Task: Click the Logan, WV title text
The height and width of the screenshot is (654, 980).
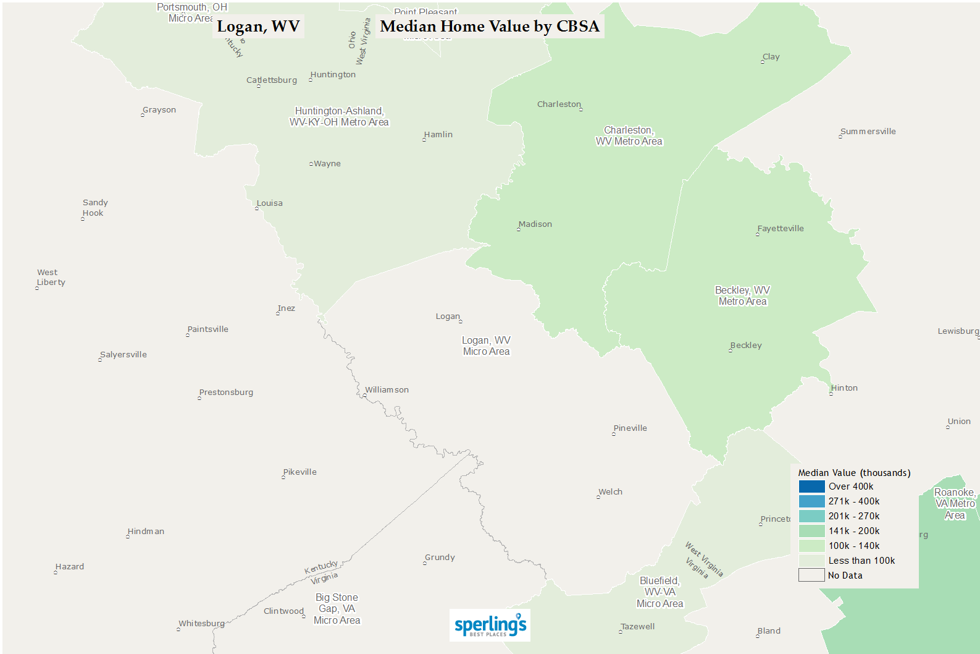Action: [258, 27]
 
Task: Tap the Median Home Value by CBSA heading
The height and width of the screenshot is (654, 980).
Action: [490, 27]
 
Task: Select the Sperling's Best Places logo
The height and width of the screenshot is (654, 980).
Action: [490, 625]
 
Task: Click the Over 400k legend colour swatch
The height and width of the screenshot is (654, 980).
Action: [811, 486]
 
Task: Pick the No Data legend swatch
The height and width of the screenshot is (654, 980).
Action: [811, 575]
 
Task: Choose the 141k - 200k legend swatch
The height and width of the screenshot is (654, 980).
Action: [811, 531]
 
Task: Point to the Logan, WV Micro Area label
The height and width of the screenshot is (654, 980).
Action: [487, 346]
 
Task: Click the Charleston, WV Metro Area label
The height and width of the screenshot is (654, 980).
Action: [629, 136]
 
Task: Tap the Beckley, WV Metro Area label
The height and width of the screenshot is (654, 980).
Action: [742, 296]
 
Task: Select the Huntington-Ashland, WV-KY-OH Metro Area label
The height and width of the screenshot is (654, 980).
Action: [339, 117]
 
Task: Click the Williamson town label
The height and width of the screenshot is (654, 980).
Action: [387, 390]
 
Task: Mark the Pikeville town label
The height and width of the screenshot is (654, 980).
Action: [300, 472]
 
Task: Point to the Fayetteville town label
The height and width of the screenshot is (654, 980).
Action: [781, 229]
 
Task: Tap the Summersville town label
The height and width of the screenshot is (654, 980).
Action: [868, 132]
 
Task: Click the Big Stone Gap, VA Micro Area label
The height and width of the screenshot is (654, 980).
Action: [337, 609]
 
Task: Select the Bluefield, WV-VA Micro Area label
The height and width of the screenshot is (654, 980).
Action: [660, 592]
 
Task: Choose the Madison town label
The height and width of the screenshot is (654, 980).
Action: [535, 224]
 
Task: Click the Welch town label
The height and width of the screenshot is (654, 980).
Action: [610, 492]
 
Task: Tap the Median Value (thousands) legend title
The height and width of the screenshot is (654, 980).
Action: [854, 473]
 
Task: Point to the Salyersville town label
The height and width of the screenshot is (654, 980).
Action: [124, 355]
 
